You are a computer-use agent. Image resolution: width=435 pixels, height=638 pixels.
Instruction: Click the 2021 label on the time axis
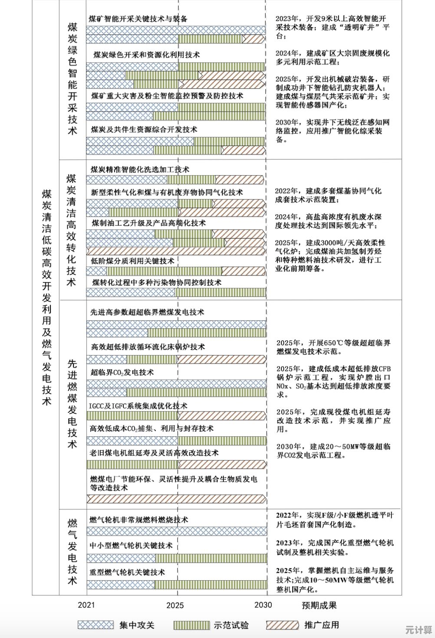[x=86, y=605]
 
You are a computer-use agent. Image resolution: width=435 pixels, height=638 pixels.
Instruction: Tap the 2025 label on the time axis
[x=175, y=605]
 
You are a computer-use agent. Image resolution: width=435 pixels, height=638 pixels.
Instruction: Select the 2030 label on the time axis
[x=263, y=605]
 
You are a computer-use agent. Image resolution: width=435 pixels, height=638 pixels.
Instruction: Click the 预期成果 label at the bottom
[x=319, y=605]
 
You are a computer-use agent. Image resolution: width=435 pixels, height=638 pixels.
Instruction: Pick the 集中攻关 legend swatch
[x=96, y=625]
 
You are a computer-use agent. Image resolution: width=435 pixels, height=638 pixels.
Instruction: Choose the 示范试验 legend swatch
[x=191, y=625]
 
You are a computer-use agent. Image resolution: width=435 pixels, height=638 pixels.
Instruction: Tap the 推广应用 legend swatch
[x=282, y=625]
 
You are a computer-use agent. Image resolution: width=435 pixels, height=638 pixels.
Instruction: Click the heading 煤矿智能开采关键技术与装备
[x=138, y=19]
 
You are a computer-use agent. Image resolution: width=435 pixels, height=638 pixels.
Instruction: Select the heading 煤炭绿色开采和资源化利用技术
[x=146, y=55]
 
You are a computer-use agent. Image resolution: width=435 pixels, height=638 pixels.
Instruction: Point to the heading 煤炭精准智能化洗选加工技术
[x=140, y=169]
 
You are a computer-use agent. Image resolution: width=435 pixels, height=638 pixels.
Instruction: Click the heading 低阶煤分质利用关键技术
[x=132, y=261]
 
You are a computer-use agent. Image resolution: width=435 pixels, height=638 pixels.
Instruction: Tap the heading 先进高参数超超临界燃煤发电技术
[x=147, y=312]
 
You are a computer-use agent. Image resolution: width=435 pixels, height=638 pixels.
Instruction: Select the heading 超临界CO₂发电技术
[x=122, y=372]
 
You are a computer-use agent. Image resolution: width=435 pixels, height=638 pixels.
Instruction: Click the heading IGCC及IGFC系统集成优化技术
[x=138, y=406]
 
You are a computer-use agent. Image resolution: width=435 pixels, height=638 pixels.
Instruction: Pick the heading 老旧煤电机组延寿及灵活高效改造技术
[x=154, y=453]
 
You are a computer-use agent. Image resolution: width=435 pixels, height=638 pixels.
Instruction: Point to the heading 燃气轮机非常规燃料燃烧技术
[x=139, y=520]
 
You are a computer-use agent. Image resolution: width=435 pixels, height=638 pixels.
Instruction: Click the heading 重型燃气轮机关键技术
[x=127, y=572]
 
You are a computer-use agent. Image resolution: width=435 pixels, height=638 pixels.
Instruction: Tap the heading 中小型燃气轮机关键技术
[x=131, y=546]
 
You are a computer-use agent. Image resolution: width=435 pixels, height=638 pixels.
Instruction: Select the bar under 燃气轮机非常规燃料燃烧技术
[x=177, y=531]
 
